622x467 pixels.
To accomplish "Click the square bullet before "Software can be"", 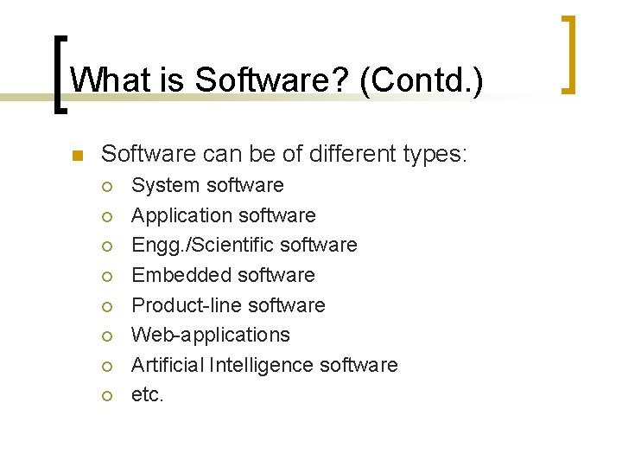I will [x=75, y=157].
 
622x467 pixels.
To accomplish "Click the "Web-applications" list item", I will [x=210, y=335].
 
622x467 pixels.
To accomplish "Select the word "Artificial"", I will [x=167, y=365].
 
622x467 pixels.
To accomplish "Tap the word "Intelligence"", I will [x=261, y=365].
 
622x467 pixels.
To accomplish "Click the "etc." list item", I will [x=147, y=395].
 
